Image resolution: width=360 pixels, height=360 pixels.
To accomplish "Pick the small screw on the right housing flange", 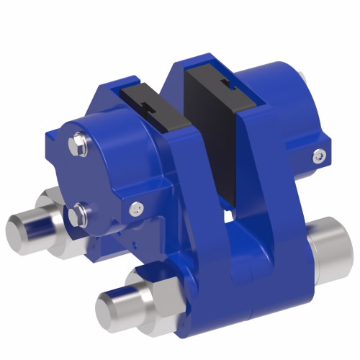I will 318,153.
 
